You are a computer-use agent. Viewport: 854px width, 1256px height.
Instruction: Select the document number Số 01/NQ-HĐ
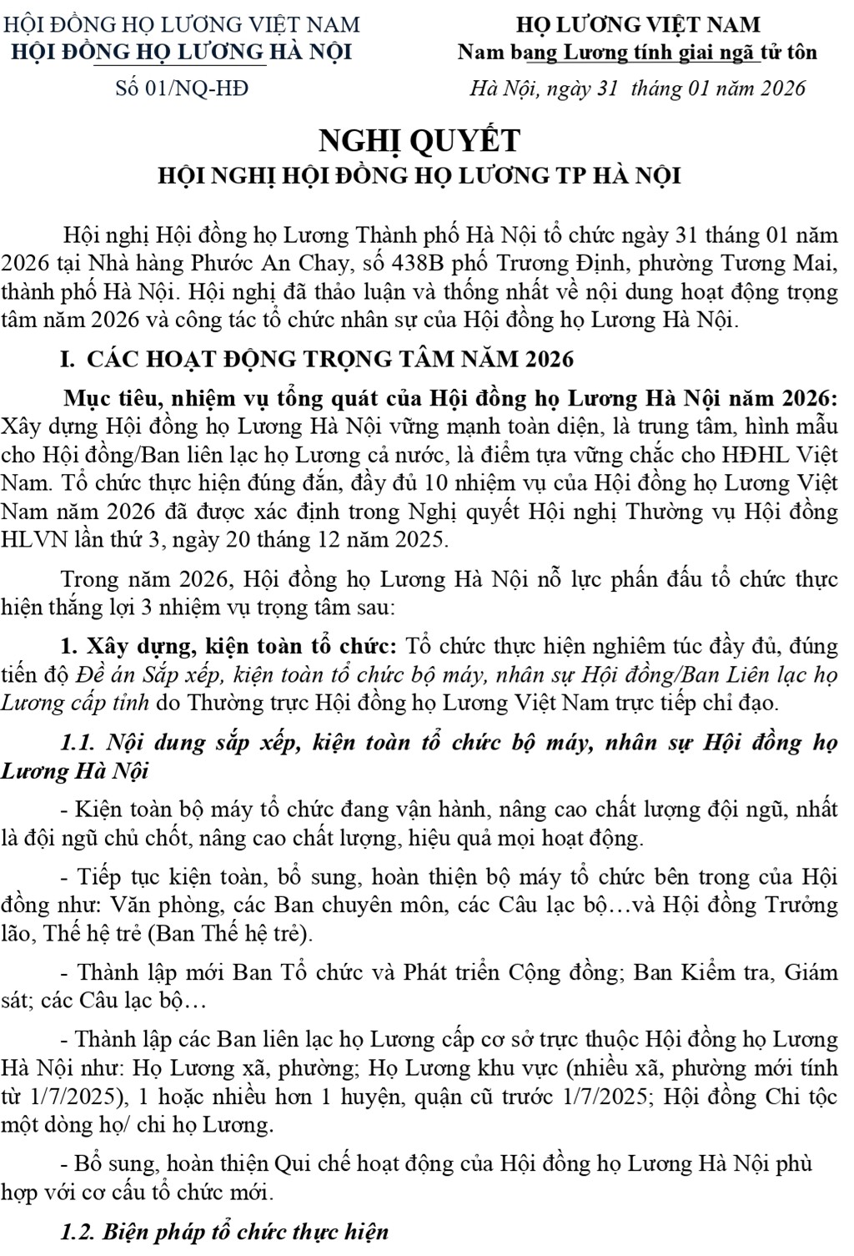coord(182,88)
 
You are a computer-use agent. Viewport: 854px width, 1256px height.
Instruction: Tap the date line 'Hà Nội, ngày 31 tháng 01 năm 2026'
coord(638,88)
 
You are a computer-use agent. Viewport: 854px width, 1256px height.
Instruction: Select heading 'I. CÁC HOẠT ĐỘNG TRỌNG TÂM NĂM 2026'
coord(317,359)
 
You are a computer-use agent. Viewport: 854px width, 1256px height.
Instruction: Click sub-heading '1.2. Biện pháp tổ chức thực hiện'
coord(225,1232)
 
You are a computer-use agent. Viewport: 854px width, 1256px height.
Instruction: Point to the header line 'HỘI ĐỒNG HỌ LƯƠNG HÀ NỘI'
coord(181,52)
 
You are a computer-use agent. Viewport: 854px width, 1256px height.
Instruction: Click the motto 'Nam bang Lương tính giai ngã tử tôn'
coord(637,52)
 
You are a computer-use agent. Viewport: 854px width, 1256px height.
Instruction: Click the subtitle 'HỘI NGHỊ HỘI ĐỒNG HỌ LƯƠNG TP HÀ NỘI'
coord(420,176)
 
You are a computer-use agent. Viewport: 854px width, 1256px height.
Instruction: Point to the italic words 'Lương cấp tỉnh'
coord(74,703)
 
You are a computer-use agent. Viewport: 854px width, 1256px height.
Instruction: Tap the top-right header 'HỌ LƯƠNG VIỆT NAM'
coord(638,24)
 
